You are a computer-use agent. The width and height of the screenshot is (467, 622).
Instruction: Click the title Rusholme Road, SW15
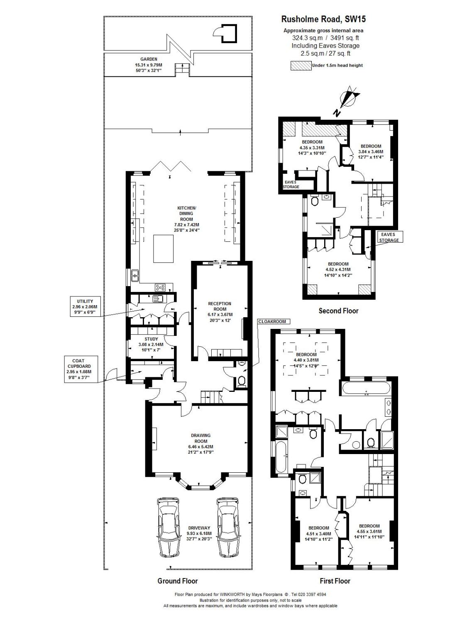click(323, 19)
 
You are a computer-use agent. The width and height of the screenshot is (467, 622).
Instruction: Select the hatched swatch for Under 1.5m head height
click(301, 65)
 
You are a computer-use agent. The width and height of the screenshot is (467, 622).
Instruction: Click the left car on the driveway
click(169, 527)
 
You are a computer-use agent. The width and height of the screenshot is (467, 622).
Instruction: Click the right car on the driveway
click(228, 527)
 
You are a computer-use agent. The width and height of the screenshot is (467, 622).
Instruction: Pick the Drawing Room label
click(200, 444)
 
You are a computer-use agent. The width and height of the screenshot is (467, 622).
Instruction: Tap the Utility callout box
click(85, 307)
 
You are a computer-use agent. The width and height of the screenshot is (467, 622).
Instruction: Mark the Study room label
click(151, 344)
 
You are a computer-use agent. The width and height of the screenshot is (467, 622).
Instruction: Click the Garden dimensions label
click(148, 65)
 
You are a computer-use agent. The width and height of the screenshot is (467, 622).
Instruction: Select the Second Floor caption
click(338, 311)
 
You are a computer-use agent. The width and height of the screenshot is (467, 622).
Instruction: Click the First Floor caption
click(335, 581)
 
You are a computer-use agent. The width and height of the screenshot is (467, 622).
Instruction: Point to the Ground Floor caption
click(177, 581)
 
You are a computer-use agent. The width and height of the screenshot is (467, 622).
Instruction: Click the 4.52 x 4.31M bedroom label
click(338, 270)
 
